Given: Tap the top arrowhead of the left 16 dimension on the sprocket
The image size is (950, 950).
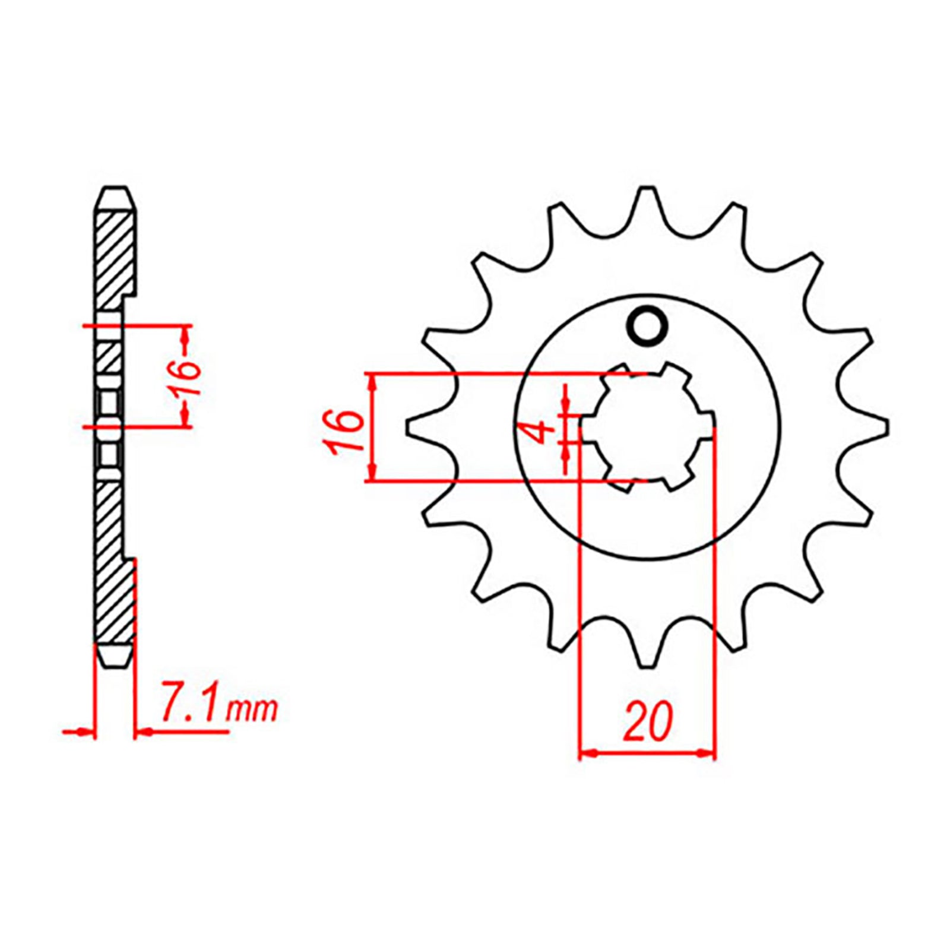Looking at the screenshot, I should point(372,383).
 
